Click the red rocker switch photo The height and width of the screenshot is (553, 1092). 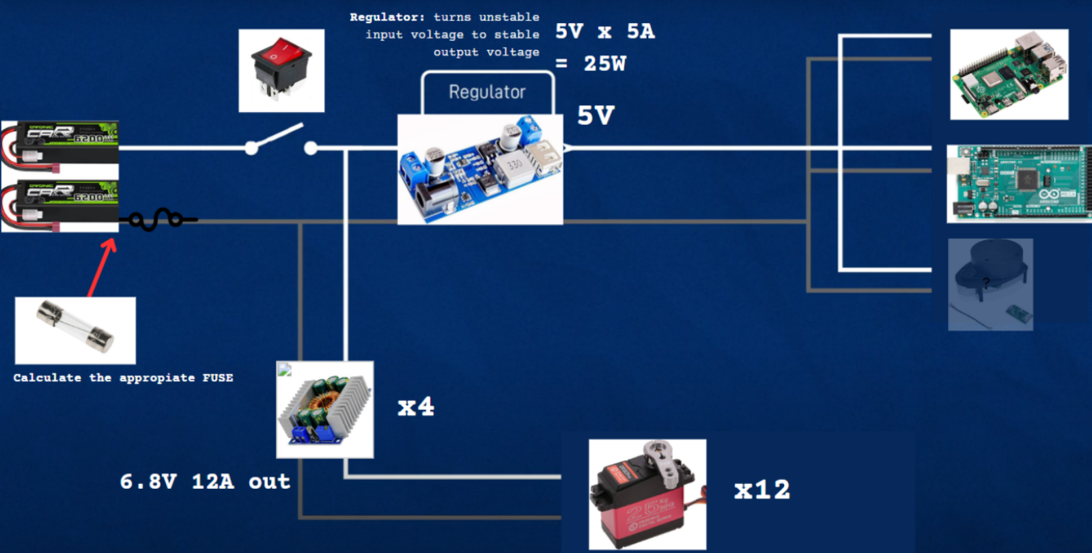[x=281, y=70]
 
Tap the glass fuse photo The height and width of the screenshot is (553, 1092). [x=75, y=330]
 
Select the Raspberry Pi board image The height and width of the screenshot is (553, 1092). [x=1009, y=74]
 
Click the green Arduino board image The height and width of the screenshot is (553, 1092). [x=1018, y=184]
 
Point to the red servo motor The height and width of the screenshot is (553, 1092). [x=647, y=494]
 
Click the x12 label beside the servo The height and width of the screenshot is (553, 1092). [x=761, y=490]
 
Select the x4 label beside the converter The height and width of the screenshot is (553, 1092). [x=415, y=407]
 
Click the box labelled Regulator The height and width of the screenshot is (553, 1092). [x=487, y=92]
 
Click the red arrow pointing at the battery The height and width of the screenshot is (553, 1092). [x=102, y=266]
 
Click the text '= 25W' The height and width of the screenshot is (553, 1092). [x=591, y=63]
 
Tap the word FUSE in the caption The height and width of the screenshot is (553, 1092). [x=217, y=378]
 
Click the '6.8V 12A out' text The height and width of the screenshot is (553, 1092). [x=205, y=481]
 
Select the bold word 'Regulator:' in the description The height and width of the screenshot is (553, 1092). [x=387, y=17]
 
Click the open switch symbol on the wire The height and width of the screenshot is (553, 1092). [x=281, y=140]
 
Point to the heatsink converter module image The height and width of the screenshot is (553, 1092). [x=324, y=410]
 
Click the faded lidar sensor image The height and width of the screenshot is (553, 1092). [x=990, y=284]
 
